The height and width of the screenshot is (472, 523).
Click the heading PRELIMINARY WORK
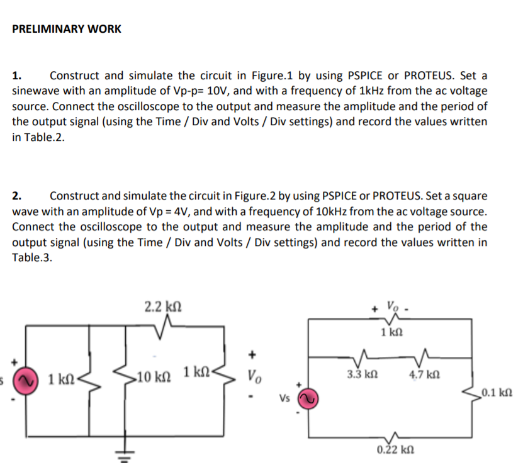click(x=67, y=29)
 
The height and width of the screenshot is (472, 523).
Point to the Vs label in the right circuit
click(x=286, y=398)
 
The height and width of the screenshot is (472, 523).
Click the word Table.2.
click(x=38, y=137)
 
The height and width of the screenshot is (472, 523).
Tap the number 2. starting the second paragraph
click(x=18, y=196)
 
